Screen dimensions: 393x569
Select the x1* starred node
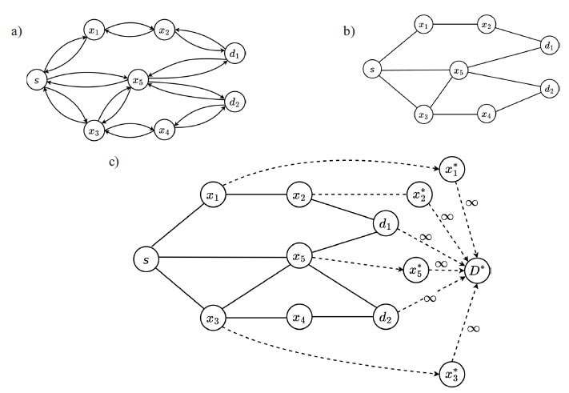[x=451, y=170]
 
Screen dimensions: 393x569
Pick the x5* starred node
[x=415, y=268]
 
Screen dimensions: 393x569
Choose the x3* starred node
[x=451, y=374]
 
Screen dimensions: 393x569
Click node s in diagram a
[x=34, y=80]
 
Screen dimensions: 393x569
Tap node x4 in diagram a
[x=164, y=130]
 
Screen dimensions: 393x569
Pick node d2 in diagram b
[x=548, y=88]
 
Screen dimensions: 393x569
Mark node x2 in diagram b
[x=486, y=26]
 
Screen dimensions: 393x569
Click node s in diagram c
[x=145, y=259]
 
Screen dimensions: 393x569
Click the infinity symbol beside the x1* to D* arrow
[x=472, y=203]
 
